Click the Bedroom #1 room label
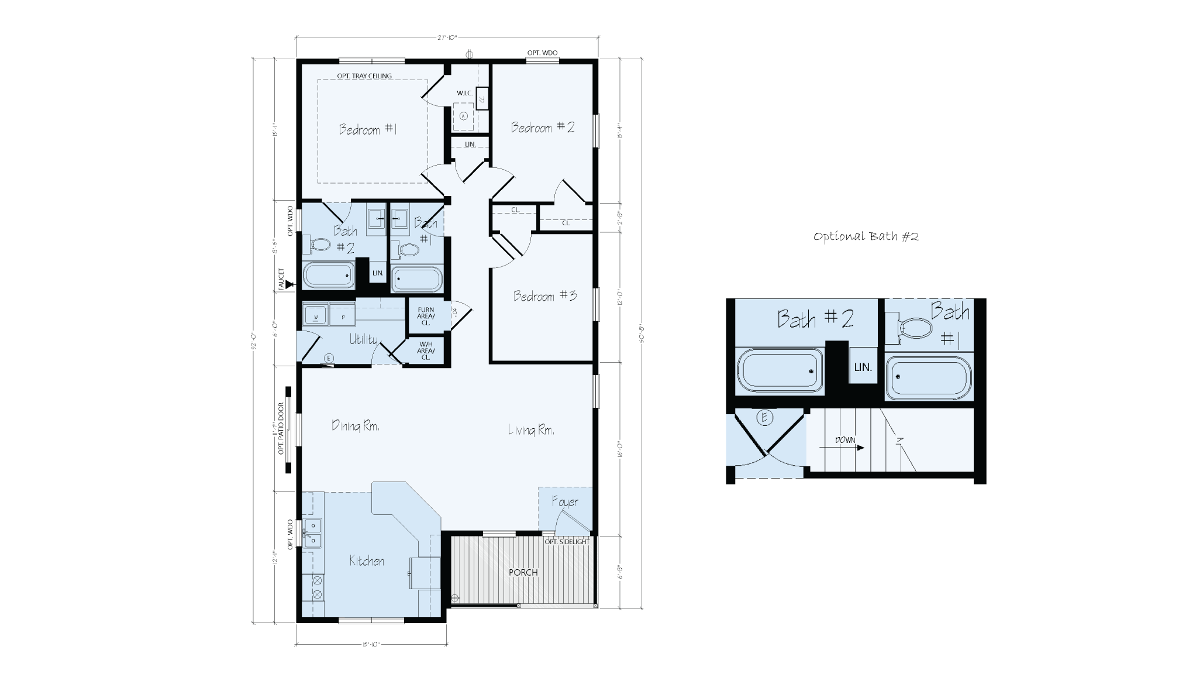pyautogui.click(x=368, y=129)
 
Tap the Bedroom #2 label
pyautogui.click(x=542, y=128)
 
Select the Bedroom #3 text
pyautogui.click(x=545, y=296)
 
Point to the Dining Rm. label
pyautogui.click(x=356, y=426)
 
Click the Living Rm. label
pyautogui.click(x=531, y=431)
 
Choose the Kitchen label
pyautogui.click(x=367, y=561)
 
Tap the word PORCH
pyautogui.click(x=523, y=572)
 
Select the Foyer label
pyautogui.click(x=564, y=502)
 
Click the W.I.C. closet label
pyautogui.click(x=465, y=93)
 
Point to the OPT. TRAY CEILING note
pyautogui.click(x=364, y=75)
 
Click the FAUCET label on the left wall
pyautogui.click(x=281, y=279)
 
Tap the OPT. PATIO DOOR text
pyautogui.click(x=281, y=429)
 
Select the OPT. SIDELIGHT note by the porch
pyautogui.click(x=567, y=542)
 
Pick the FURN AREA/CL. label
pyautogui.click(x=425, y=316)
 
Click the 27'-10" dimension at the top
pyautogui.click(x=447, y=37)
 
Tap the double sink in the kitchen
pyautogui.click(x=313, y=533)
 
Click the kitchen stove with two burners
pyautogui.click(x=318, y=587)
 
